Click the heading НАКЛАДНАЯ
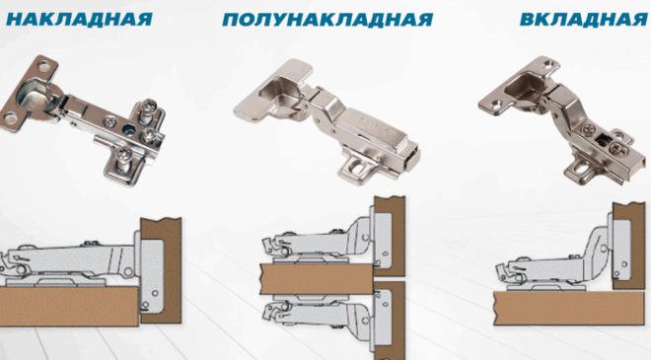click(x=79, y=19)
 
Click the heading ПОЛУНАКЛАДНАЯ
click(x=327, y=20)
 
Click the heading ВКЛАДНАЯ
click(x=584, y=19)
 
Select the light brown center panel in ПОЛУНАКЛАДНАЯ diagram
click(x=318, y=278)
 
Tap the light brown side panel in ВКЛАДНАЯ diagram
click(x=569, y=308)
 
